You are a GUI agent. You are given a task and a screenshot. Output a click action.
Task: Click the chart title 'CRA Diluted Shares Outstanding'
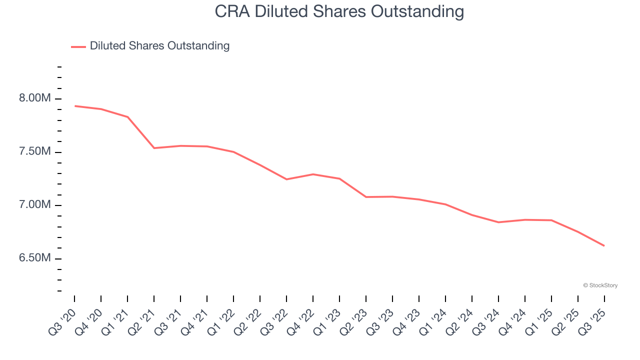point(339,11)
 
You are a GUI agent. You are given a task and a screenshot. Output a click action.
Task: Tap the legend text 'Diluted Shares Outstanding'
point(159,46)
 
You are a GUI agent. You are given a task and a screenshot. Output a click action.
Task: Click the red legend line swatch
point(78,46)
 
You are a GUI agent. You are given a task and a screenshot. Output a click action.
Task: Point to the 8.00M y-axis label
point(35,98)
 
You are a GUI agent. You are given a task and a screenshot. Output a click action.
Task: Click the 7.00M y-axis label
point(35,205)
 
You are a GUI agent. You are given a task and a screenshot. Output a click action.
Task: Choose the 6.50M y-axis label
point(35,258)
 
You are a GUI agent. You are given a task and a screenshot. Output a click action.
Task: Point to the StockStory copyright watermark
point(600,285)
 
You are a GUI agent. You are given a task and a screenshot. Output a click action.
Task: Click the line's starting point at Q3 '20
point(75,106)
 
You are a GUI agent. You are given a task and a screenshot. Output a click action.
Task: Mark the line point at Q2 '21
point(154,148)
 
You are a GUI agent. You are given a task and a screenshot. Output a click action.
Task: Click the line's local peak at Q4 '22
point(313,174)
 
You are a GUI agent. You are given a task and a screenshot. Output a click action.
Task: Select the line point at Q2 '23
point(366,197)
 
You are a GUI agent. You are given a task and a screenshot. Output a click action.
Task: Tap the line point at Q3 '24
point(498,222)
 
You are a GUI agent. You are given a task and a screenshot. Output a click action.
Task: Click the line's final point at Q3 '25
point(604,245)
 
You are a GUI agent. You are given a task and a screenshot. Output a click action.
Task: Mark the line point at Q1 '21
point(128,117)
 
